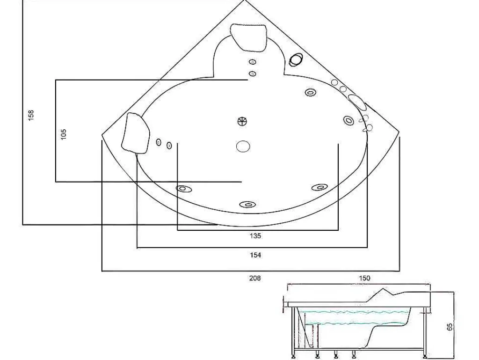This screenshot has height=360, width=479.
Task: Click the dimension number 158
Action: tap(31, 115)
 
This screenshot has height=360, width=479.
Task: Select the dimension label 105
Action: tap(64, 134)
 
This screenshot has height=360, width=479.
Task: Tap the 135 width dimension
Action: tap(255, 236)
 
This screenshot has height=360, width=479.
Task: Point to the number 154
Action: tap(255, 255)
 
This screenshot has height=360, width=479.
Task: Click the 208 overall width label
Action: tap(255, 278)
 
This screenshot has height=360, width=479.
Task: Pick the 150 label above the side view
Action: tap(364, 278)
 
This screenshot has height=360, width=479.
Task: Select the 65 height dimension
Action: tap(450, 327)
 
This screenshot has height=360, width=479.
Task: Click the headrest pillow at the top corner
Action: tap(249, 37)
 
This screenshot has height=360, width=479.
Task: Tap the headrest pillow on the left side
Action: tap(136, 132)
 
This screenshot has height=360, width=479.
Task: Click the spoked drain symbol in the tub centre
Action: tap(242, 121)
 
